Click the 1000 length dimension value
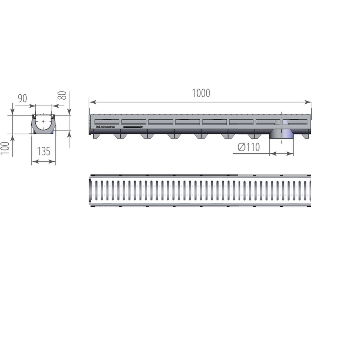click(x=201, y=93)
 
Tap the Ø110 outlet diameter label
click(x=249, y=147)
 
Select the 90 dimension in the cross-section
click(x=23, y=98)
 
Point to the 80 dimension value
click(x=62, y=96)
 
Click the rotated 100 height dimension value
click(x=5, y=148)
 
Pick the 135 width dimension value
click(x=44, y=152)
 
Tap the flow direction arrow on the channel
click(x=133, y=127)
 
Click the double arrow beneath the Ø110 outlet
click(x=282, y=154)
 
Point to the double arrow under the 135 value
click(x=44, y=162)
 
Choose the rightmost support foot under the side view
click(x=305, y=136)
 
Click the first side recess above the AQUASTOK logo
click(x=107, y=122)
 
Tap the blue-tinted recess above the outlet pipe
click(x=285, y=122)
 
